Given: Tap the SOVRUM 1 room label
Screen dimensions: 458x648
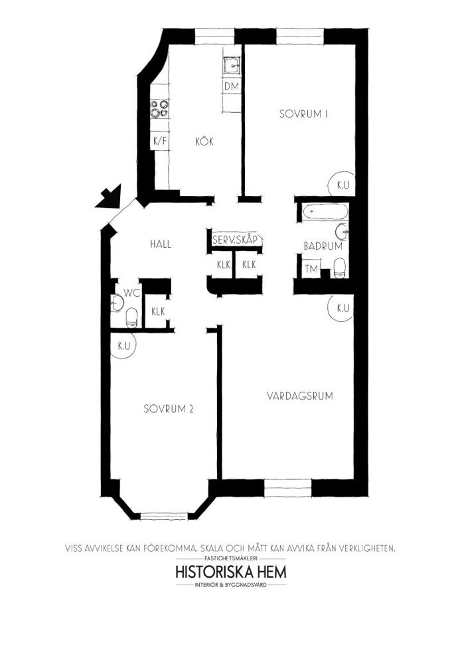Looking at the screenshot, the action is [x=303, y=114].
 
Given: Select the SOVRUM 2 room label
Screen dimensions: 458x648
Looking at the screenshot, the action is [x=169, y=409].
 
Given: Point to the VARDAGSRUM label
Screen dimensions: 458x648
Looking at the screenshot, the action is [x=299, y=396].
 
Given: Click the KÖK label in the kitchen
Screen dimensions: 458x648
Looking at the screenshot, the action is [x=204, y=142].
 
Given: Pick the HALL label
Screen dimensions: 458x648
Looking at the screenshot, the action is [x=161, y=244].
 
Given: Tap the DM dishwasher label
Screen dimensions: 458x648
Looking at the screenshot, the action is [x=232, y=86].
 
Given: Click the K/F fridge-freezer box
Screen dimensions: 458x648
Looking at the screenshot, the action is [x=160, y=141].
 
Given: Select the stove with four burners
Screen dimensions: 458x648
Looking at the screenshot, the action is [x=159, y=108].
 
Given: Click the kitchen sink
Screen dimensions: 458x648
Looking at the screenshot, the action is [x=232, y=65].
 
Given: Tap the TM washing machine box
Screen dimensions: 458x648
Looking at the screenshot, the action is [x=311, y=269].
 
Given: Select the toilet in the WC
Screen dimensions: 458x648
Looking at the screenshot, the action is [x=131, y=317].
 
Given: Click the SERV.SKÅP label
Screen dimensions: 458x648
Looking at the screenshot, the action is [x=235, y=240].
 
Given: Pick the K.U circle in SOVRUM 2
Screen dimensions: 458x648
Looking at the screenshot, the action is [x=124, y=347].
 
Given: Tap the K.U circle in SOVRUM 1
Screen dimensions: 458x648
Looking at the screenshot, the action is [x=343, y=185].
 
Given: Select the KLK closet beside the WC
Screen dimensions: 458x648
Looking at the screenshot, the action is [x=158, y=311].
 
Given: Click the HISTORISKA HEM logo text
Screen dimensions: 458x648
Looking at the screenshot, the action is [x=231, y=572].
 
